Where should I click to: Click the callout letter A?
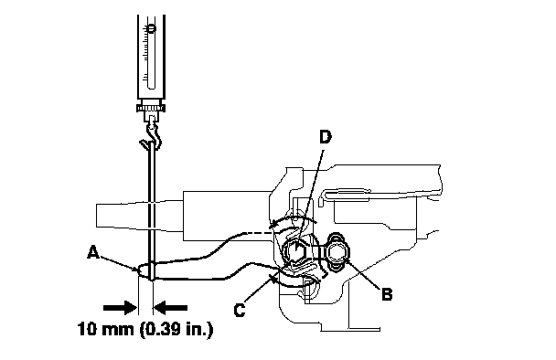[93, 252]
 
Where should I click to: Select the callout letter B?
[387, 294]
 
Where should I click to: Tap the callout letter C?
[240, 311]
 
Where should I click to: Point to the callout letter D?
[326, 137]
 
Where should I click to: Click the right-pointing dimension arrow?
[120, 308]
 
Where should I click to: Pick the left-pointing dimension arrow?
[171, 308]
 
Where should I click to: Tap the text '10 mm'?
[105, 330]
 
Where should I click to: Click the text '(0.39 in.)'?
[176, 330]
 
